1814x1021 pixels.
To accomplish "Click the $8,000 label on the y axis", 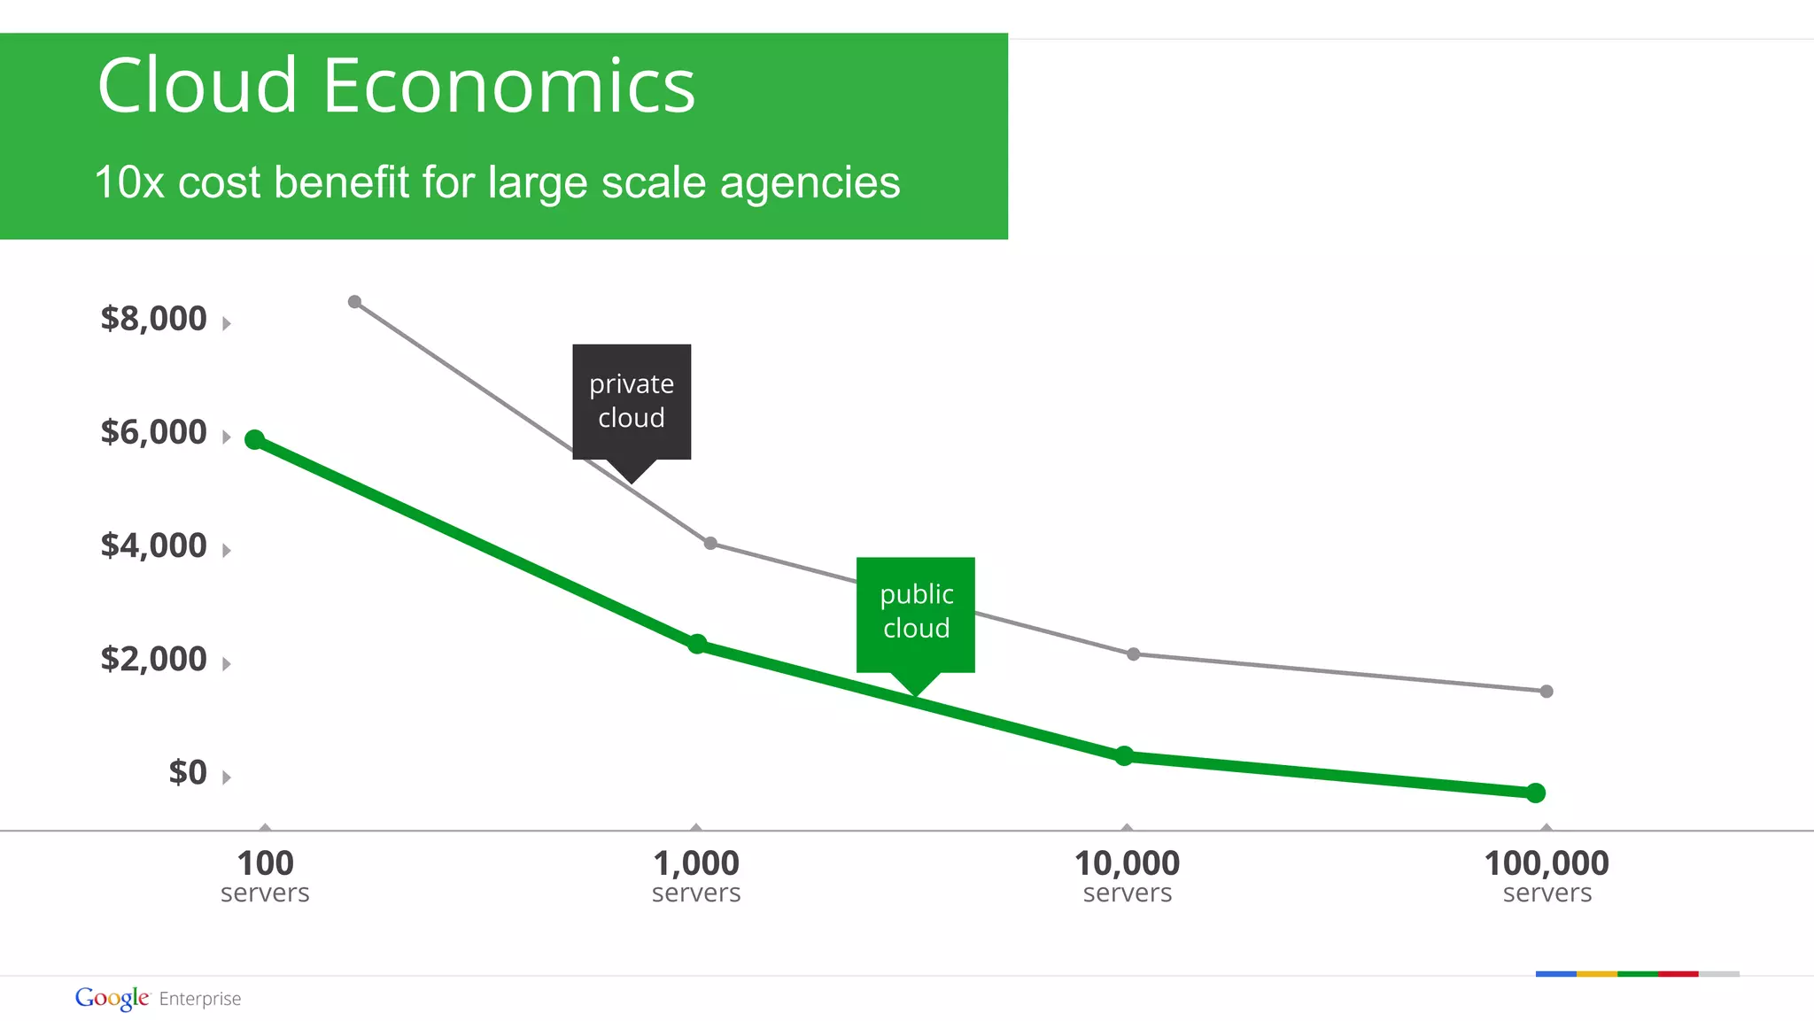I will (153, 319).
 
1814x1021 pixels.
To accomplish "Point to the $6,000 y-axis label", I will (153, 432).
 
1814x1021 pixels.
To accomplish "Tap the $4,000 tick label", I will (153, 545).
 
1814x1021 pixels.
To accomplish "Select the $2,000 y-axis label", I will (153, 659).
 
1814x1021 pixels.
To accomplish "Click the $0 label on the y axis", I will (188, 772).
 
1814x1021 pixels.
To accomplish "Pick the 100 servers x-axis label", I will (265, 876).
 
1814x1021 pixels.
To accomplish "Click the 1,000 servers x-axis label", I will (696, 876).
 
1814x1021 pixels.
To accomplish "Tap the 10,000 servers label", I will (1127, 876).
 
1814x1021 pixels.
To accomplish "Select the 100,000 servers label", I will (1547, 876).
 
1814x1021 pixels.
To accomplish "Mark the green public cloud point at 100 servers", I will (255, 439).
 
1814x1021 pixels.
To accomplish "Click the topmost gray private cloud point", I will (354, 302).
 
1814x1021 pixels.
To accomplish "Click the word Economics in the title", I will (509, 86).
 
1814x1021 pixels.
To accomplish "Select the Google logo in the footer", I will (112, 998).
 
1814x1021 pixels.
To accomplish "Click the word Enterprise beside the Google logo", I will (200, 999).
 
